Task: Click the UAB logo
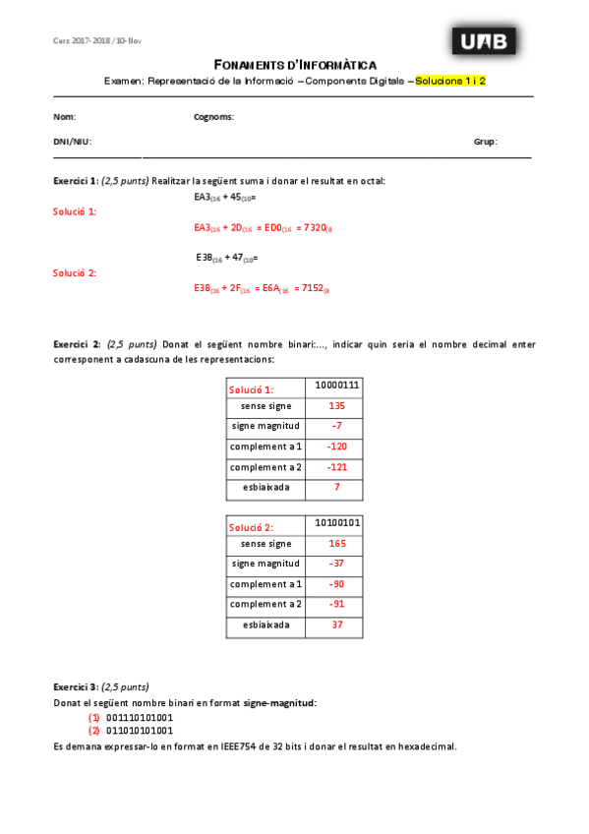485,41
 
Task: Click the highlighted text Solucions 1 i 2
450,82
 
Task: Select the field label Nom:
64,117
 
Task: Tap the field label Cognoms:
213,117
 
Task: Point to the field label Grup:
485,142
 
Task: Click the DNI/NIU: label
72,142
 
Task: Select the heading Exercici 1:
76,181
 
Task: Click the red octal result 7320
315,228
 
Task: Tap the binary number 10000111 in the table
336,386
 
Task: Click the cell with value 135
336,406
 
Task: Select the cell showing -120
336,447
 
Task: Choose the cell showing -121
336,468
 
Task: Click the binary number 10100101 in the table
336,522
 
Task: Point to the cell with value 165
336,543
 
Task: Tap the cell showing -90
336,584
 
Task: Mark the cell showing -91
336,605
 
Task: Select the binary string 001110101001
139,718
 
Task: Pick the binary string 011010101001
139,731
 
